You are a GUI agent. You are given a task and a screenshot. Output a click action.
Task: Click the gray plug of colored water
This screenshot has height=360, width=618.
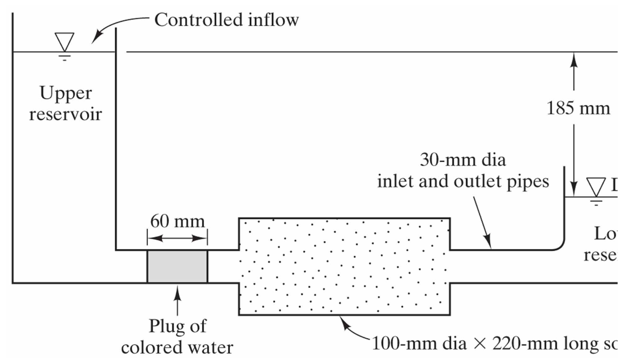[x=177, y=266]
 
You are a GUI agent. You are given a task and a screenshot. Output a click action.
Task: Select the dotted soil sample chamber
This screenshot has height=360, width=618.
[x=344, y=266]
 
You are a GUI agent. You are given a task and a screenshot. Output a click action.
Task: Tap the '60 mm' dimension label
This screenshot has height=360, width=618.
[x=178, y=221]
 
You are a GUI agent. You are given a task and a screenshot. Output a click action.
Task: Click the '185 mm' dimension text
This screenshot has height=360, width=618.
[x=578, y=108]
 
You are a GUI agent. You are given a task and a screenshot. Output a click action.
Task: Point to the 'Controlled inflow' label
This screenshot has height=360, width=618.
[x=226, y=20]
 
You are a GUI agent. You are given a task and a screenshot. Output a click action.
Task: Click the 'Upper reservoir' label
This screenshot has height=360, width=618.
[x=66, y=103]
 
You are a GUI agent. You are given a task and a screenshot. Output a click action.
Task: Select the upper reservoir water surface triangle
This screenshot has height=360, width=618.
[x=64, y=41]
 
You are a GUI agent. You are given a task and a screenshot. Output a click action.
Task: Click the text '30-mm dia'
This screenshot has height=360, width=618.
[x=462, y=160]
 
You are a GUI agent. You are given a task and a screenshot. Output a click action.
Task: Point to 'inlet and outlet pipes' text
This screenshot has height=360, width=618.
[x=463, y=181]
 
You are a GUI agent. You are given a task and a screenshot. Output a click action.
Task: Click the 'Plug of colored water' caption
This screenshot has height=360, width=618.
[x=177, y=337]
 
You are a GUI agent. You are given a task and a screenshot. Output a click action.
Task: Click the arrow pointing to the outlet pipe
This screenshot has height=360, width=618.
[x=482, y=222]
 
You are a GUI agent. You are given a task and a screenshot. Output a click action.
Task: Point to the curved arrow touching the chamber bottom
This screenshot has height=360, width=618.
[x=353, y=330]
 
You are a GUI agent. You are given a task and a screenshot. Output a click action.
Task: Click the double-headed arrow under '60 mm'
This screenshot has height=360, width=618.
[x=178, y=239]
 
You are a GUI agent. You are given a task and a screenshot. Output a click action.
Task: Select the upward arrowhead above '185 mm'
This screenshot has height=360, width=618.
[x=574, y=59]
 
